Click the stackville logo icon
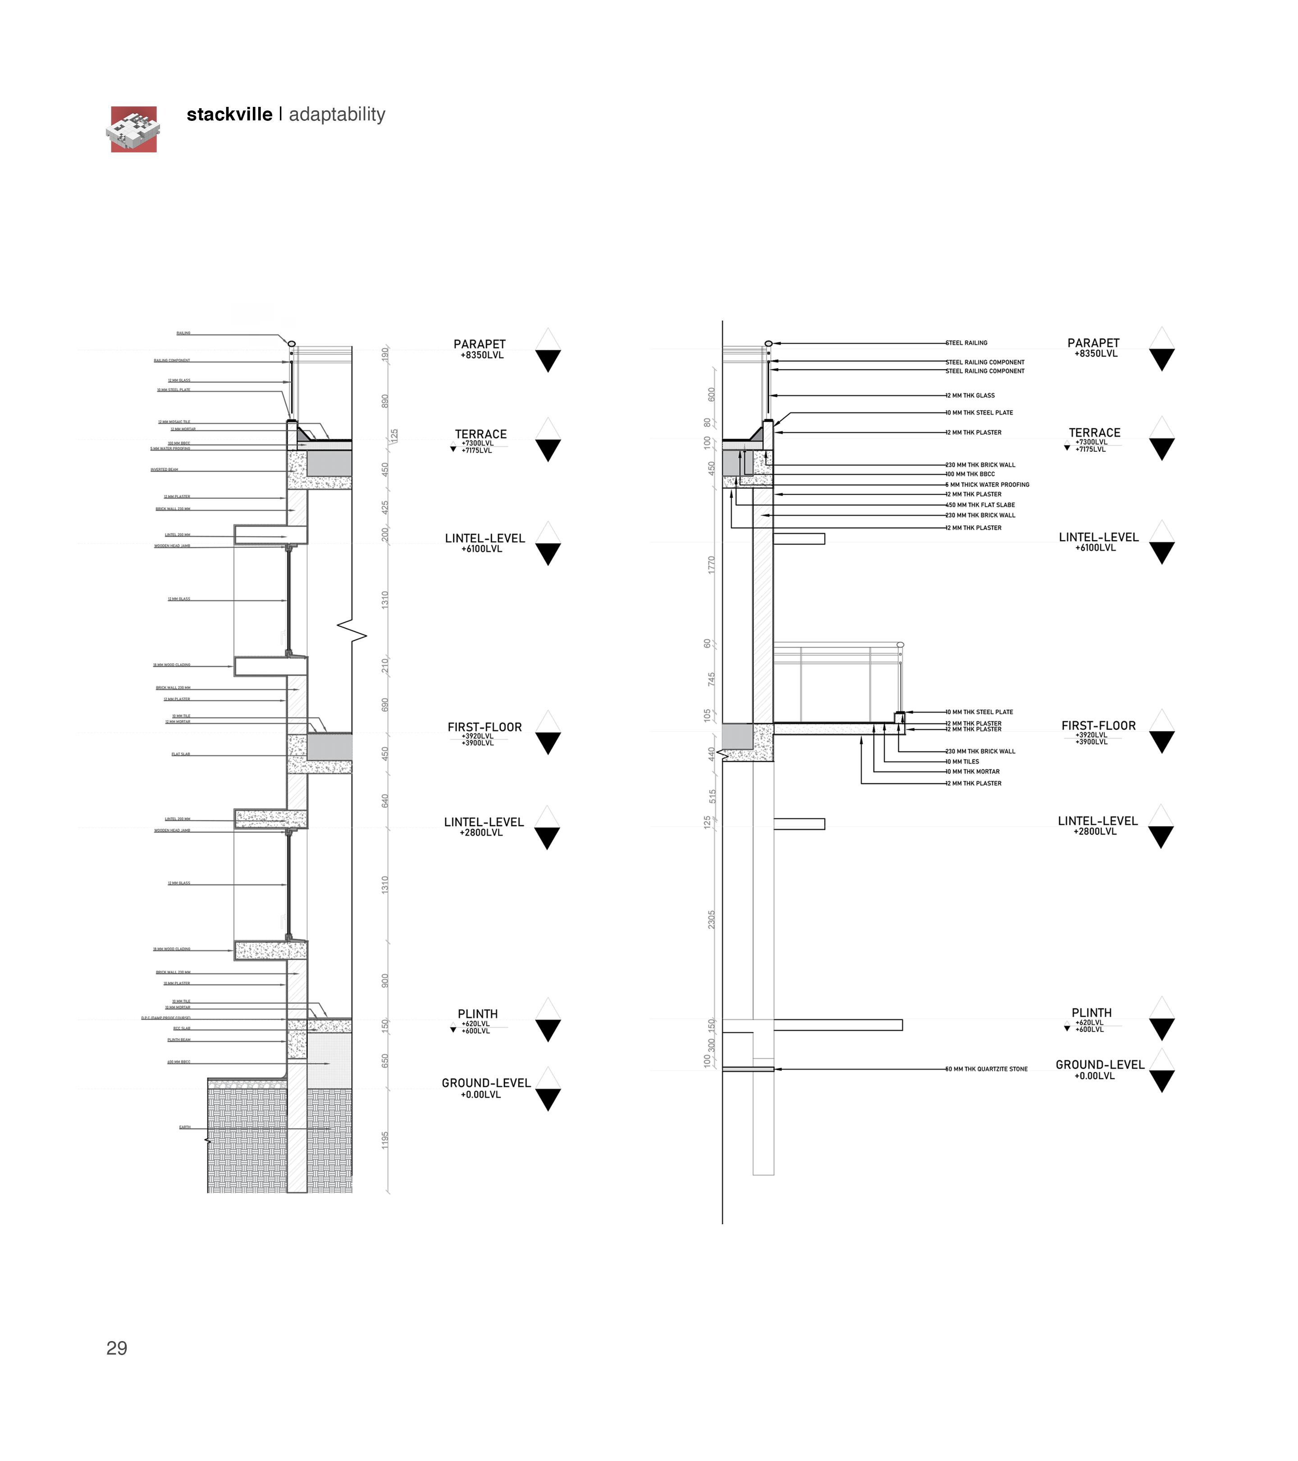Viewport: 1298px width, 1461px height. coord(133,129)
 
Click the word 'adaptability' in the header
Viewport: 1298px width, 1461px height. coord(337,115)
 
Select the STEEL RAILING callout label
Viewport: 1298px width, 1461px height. coord(967,343)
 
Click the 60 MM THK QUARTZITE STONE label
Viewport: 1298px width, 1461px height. coord(987,1069)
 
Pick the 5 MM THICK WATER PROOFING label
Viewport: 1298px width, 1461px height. coord(988,485)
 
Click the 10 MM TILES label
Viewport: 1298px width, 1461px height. coord(963,762)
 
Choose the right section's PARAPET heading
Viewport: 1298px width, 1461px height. coord(1093,343)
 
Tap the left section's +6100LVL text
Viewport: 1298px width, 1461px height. coord(482,549)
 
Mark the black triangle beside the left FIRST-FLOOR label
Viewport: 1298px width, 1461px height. coord(548,744)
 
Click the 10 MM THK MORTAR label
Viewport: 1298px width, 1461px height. coord(973,772)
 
